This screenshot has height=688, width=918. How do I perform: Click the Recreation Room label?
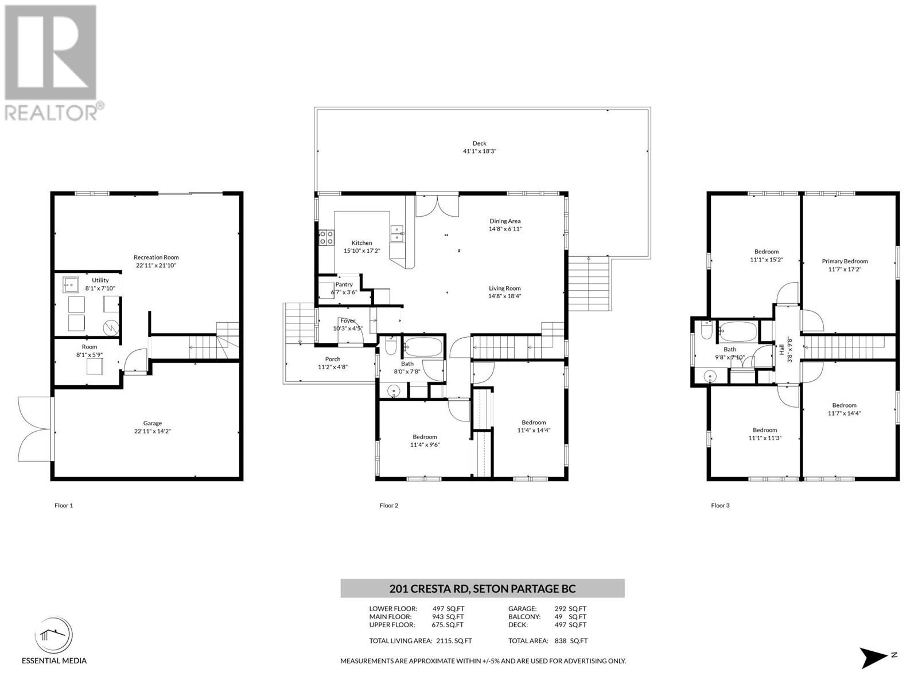156,257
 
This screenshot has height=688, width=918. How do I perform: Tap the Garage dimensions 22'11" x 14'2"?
152,431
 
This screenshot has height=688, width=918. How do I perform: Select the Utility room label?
100,280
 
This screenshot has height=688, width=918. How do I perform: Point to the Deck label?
479,143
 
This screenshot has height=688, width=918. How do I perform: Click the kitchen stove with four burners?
326,237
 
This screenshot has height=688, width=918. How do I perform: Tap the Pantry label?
344,284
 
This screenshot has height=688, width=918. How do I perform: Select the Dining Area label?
505,221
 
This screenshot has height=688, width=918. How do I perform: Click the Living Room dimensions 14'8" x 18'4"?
504,296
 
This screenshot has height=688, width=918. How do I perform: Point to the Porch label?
333,359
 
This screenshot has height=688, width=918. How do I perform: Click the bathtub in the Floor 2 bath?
423,346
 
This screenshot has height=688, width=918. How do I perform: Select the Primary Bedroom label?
845,261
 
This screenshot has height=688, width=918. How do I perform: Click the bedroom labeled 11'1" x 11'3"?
765,434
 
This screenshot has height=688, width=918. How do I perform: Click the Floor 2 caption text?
388,506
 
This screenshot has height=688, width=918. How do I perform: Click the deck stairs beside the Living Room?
588,284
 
